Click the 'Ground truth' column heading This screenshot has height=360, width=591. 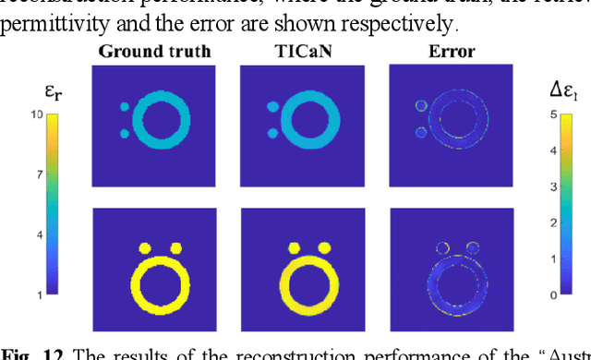pos(154,52)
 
